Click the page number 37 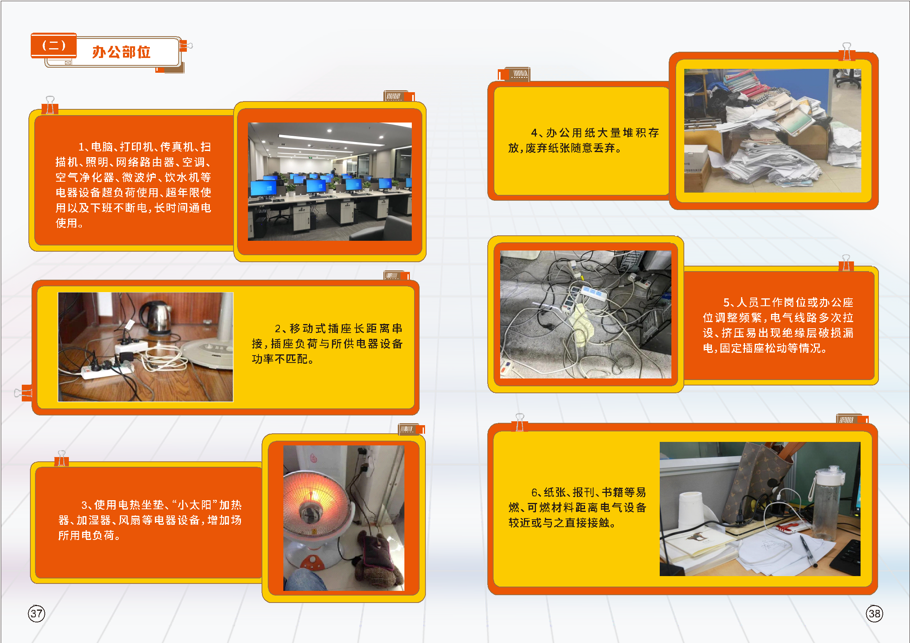tap(37, 614)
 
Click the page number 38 tap(874, 614)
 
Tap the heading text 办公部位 tap(121, 52)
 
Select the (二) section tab tap(54, 45)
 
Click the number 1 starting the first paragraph tap(81, 147)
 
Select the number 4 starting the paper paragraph tap(534, 133)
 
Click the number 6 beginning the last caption tap(534, 492)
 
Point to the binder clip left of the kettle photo tap(23, 392)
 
